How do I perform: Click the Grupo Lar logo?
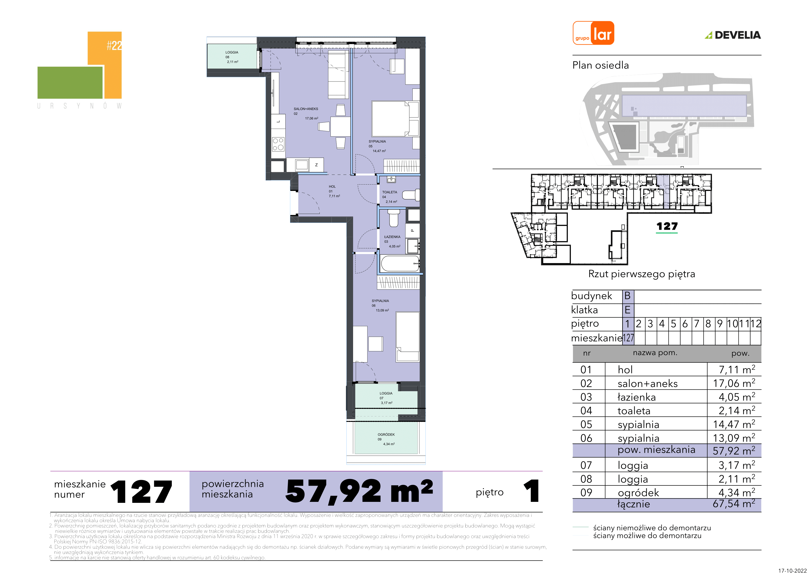(593, 33)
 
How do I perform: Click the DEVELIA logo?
(733, 35)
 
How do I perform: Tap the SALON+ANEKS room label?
(306, 109)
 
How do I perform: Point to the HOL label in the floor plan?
(332, 186)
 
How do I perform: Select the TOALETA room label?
(390, 192)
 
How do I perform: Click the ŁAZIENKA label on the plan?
(392, 237)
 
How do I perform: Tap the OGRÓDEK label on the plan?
(386, 434)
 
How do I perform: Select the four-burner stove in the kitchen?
(278, 144)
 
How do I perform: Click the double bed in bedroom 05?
(390, 119)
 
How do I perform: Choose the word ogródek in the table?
(638, 493)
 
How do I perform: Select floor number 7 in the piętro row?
(697, 324)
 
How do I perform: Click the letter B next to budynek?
(627, 296)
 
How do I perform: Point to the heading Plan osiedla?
(600, 66)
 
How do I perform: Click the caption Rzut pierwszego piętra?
(641, 274)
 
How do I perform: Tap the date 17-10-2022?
(793, 571)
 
